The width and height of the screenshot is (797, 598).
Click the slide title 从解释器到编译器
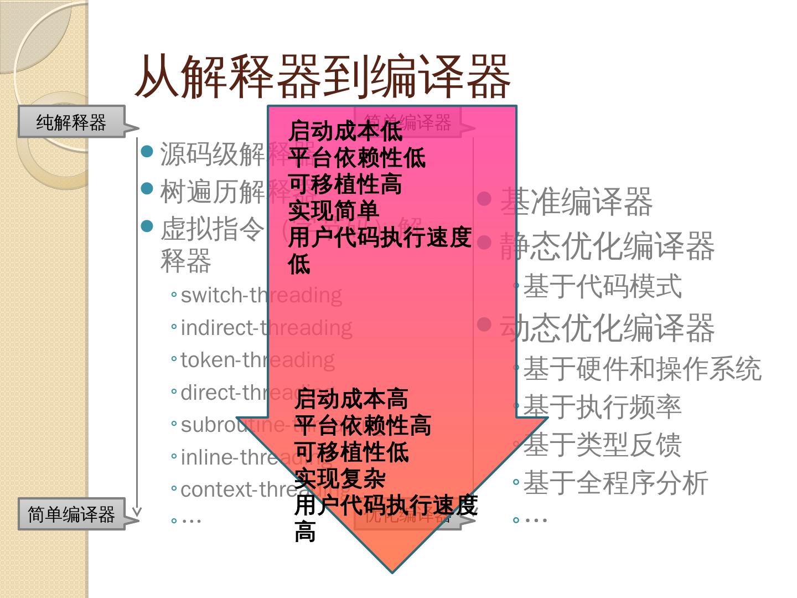(322, 77)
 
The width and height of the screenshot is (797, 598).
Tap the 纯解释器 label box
(71, 122)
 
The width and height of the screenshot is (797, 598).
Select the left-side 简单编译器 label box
(71, 514)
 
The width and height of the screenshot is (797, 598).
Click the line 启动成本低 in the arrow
(345, 131)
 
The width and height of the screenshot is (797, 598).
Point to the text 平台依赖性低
(357, 158)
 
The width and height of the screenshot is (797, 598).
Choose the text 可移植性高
(345, 184)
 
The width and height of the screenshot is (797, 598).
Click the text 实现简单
(334, 211)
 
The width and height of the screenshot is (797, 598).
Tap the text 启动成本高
(351, 399)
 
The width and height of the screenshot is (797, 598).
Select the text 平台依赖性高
(363, 425)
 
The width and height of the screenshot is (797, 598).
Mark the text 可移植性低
(351, 452)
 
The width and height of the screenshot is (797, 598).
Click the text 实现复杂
(340, 478)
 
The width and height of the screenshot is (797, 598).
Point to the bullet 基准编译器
(576, 202)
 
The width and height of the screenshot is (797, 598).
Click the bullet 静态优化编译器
(607, 246)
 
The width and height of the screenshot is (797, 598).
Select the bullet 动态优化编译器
(607, 328)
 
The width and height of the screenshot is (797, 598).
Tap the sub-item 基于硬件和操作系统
(642, 369)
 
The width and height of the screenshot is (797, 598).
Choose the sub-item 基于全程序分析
(615, 483)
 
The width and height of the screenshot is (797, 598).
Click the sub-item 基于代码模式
(602, 287)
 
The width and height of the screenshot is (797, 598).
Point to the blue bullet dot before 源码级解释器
(147, 151)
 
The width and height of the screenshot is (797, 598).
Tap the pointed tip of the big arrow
(392, 571)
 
